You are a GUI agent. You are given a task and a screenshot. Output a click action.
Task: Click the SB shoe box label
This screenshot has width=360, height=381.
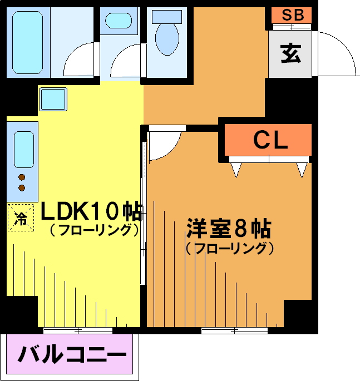point(293,14)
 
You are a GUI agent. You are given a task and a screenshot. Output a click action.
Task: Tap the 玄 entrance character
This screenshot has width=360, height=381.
point(290,54)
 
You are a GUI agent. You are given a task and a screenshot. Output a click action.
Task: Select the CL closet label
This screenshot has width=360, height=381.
point(270,140)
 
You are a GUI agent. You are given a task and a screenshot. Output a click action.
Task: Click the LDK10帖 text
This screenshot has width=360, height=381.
point(91,211)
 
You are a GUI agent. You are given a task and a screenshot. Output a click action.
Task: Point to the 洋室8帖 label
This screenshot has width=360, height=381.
point(229,229)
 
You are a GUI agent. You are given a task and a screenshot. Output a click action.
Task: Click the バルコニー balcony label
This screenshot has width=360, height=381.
point(72,354)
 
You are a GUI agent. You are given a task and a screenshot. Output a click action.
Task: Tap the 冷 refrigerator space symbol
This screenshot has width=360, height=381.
point(21,217)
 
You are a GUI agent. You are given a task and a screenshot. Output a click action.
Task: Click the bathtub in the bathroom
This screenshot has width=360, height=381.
point(27,42)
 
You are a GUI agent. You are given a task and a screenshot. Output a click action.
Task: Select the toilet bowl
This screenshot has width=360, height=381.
point(167,38)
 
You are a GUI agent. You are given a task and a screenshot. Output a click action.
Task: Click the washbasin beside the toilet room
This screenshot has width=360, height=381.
point(119,21)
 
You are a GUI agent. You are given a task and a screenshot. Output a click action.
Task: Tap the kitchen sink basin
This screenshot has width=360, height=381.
point(24,150)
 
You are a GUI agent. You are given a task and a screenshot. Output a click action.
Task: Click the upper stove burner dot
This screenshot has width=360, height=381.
point(22,177)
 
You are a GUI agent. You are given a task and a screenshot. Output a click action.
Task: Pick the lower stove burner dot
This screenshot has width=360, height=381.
point(22,188)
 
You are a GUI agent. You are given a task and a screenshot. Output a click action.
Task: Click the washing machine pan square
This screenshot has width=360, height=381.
point(53,99)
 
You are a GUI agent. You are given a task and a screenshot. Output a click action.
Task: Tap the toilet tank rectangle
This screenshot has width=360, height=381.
point(167,17)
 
